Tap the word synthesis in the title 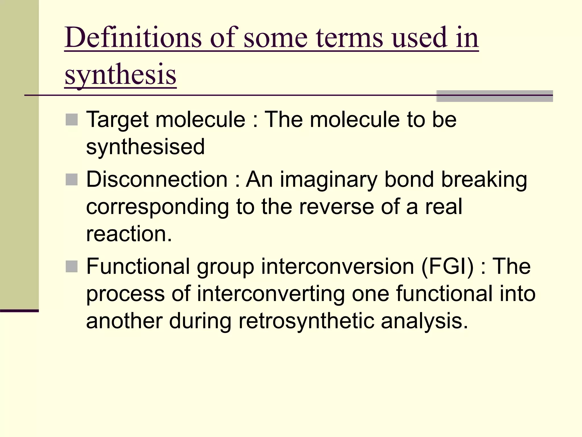(120, 75)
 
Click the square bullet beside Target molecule (72, 120)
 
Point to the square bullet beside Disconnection (72, 180)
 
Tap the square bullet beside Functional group (72, 267)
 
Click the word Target (117, 120)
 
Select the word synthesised (145, 147)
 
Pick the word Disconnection (157, 180)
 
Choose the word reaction (129, 234)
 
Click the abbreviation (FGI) (447, 267)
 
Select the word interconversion (337, 267)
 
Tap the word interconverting (271, 294)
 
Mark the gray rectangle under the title (494, 96)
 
